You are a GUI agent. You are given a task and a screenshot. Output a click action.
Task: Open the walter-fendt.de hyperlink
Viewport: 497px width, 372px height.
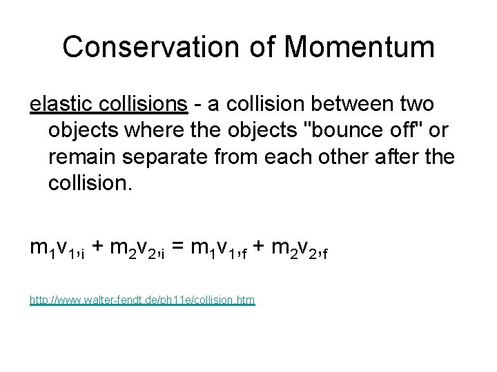coord(142,301)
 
